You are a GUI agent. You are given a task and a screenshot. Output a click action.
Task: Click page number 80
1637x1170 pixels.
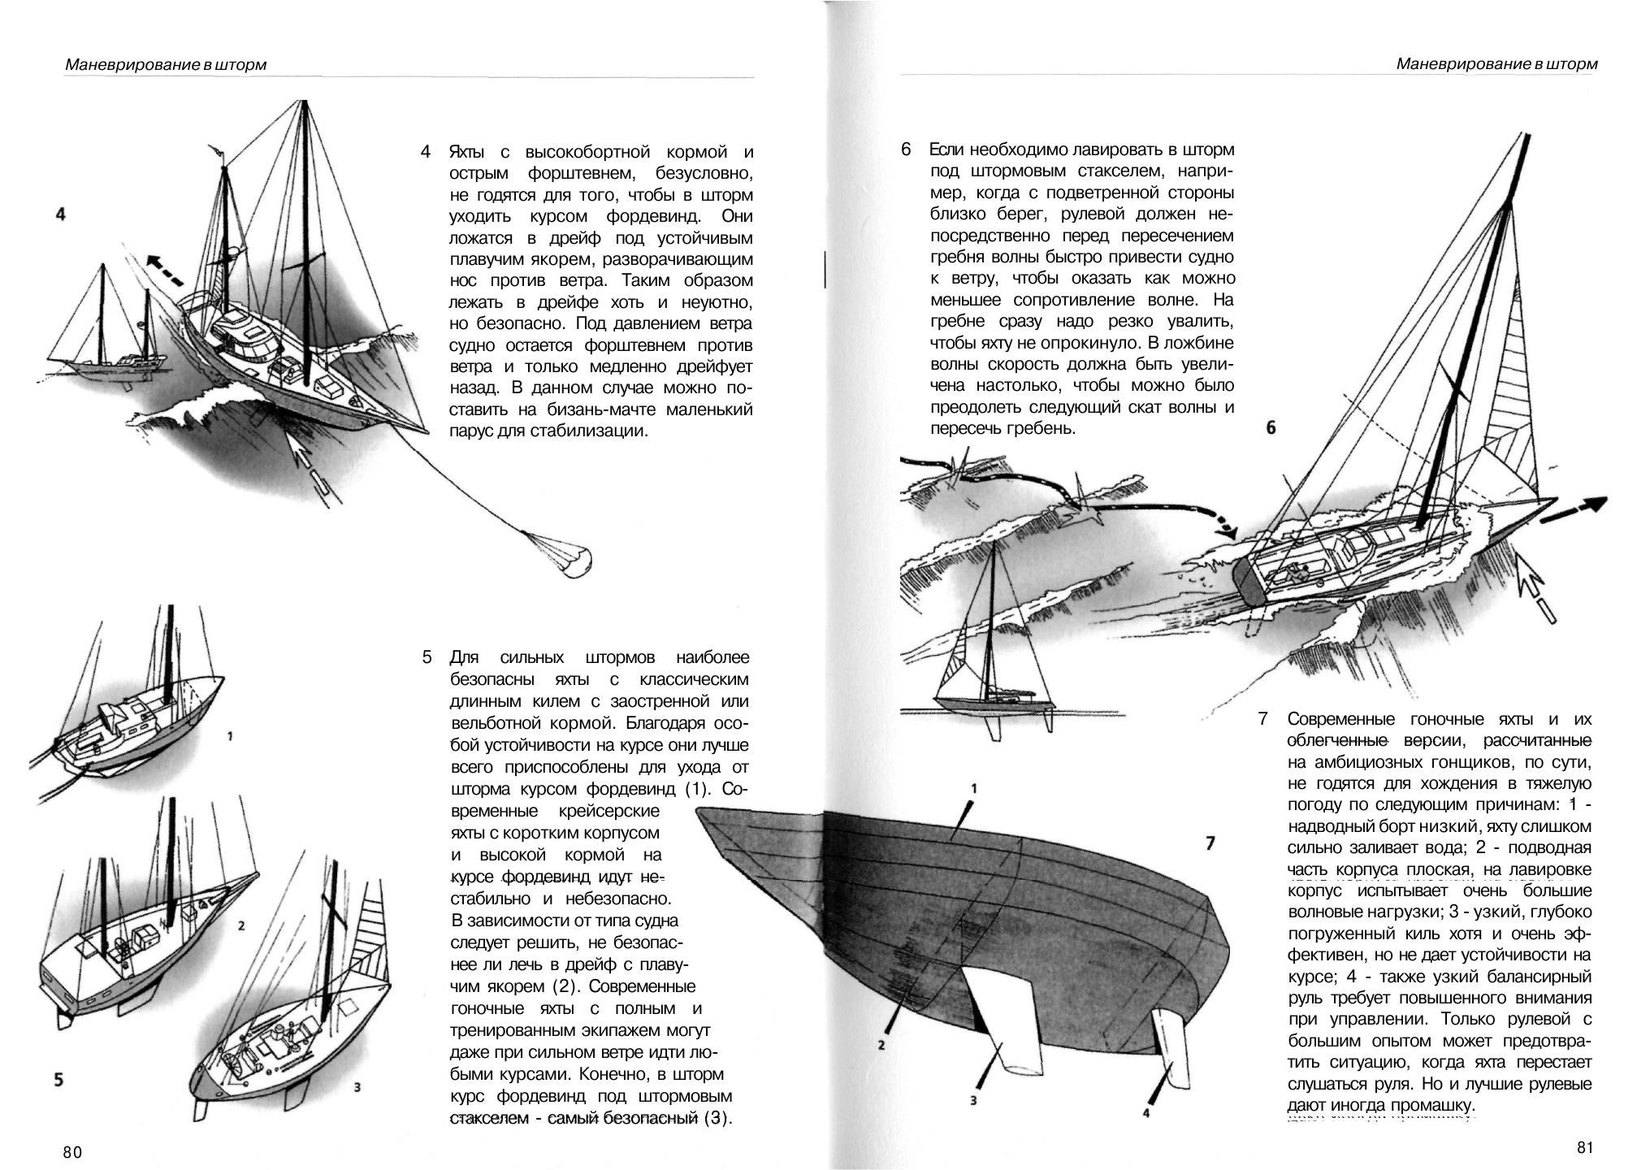point(72,1152)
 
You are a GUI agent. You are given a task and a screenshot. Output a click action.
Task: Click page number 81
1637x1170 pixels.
point(1585,1147)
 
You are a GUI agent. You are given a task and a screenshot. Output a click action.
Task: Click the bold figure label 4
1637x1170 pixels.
point(61,214)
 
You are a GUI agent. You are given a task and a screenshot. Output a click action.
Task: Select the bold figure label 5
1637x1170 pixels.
point(58,1080)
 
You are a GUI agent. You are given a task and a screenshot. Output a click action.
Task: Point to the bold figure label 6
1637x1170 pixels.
point(1271,427)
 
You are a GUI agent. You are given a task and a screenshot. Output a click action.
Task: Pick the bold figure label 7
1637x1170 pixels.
point(1210,843)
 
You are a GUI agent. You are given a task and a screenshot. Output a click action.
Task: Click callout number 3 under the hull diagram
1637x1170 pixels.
point(972,1101)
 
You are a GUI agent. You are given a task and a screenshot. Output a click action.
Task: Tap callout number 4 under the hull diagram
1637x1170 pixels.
point(1146,1113)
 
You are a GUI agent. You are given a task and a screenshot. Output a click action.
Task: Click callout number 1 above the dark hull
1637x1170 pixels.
point(973,788)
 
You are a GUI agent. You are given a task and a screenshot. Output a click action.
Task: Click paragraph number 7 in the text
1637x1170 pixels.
point(1262,719)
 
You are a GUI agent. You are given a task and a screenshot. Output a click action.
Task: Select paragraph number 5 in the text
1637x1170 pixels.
point(427,656)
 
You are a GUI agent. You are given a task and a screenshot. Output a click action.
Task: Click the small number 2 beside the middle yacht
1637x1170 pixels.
point(241,925)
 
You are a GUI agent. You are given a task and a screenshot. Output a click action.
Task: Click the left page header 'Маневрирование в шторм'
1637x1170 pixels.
point(166,64)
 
